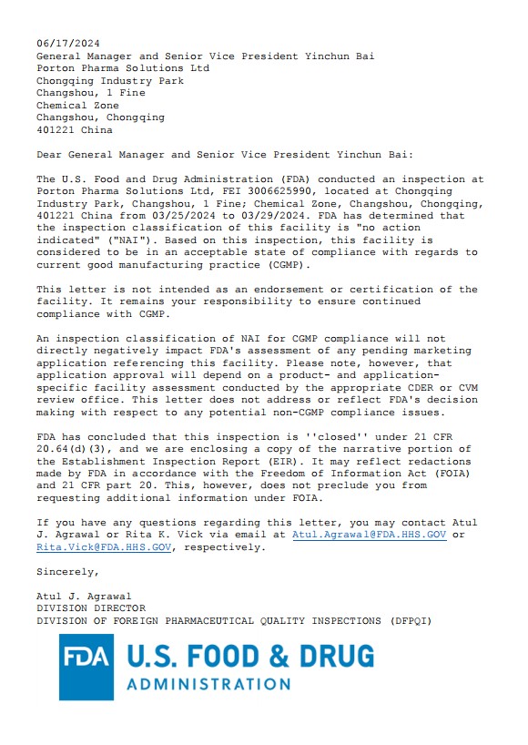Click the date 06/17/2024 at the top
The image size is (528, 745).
tap(68, 44)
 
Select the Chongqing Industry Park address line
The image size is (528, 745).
tap(110, 81)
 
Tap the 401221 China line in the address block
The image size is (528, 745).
tap(75, 130)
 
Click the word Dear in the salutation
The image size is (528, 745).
tap(49, 155)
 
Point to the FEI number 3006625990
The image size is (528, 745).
tap(254, 191)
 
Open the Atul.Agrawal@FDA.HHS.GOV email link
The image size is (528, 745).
tap(369, 535)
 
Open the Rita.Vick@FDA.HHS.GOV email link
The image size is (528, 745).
tap(104, 547)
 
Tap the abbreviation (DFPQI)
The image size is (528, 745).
tap(409, 621)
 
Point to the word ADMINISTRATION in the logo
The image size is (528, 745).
tap(208, 684)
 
